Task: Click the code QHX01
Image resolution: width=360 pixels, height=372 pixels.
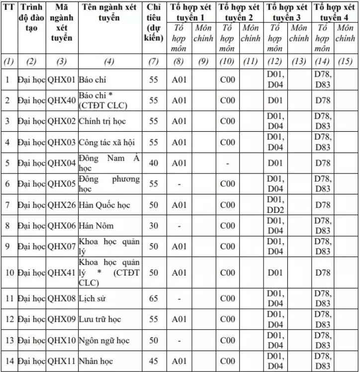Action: tap(62, 80)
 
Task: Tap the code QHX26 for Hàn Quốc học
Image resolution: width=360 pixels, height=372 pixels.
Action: tap(62, 205)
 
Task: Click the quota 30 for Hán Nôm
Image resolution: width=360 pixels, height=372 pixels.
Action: tap(154, 226)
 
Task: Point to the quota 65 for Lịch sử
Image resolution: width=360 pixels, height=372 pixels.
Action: tap(154, 299)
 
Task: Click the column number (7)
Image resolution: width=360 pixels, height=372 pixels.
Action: tap(154, 62)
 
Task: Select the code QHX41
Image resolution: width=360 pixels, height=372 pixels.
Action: tap(62, 273)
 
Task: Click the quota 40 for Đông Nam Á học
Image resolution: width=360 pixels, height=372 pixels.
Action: tap(154, 163)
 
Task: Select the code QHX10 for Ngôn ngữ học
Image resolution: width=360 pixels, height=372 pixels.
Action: tap(62, 341)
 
